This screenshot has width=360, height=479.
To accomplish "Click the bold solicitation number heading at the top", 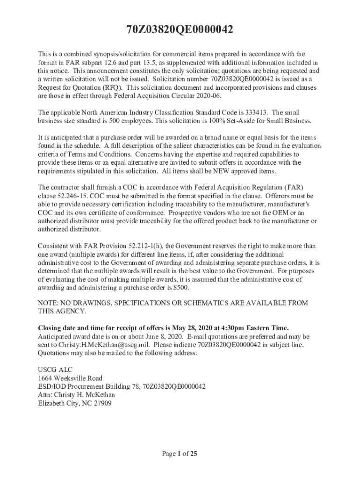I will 180,31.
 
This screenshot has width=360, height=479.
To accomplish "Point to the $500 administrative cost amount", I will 181,288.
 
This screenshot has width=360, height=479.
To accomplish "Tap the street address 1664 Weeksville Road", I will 70,378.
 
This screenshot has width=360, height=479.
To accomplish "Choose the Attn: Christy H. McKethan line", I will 76,395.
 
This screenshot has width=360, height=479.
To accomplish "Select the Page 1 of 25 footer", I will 180,453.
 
